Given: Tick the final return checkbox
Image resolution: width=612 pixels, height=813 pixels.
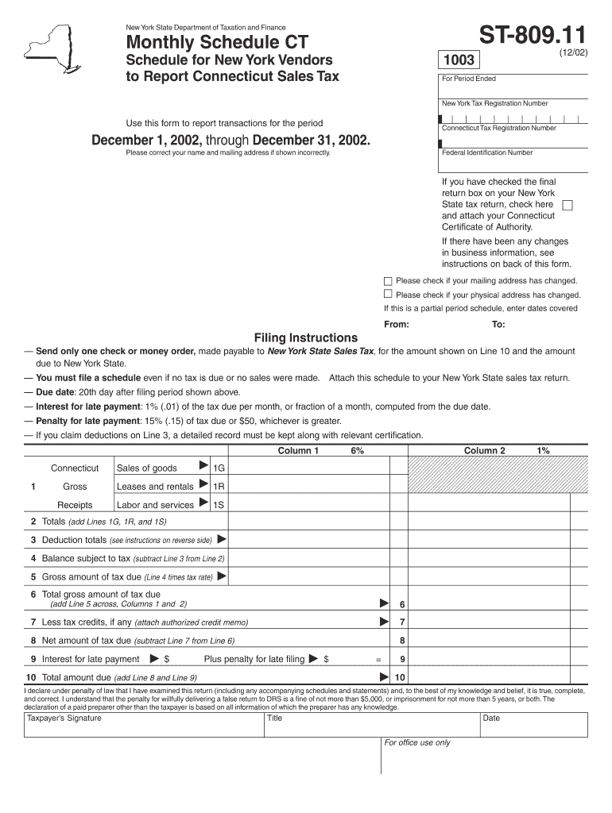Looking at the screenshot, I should point(567,205).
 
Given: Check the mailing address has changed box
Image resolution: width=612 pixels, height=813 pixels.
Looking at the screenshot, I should point(388,281).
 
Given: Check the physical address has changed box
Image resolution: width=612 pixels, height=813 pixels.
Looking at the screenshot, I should point(388,294).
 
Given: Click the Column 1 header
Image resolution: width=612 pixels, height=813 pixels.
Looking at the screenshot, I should point(298,451).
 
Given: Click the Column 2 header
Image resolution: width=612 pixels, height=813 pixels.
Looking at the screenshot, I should point(485,451).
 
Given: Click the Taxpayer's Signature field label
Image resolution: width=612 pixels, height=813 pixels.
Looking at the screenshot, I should point(64,718).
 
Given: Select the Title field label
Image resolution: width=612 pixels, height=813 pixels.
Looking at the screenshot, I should point(275,718).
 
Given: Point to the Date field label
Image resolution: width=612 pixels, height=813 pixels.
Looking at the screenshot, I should point(491,718).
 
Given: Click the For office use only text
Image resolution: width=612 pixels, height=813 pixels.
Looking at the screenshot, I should point(417,742).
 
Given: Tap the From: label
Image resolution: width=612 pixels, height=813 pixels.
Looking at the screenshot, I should point(397,325).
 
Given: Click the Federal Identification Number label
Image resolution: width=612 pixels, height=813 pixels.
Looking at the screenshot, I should point(487,152).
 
